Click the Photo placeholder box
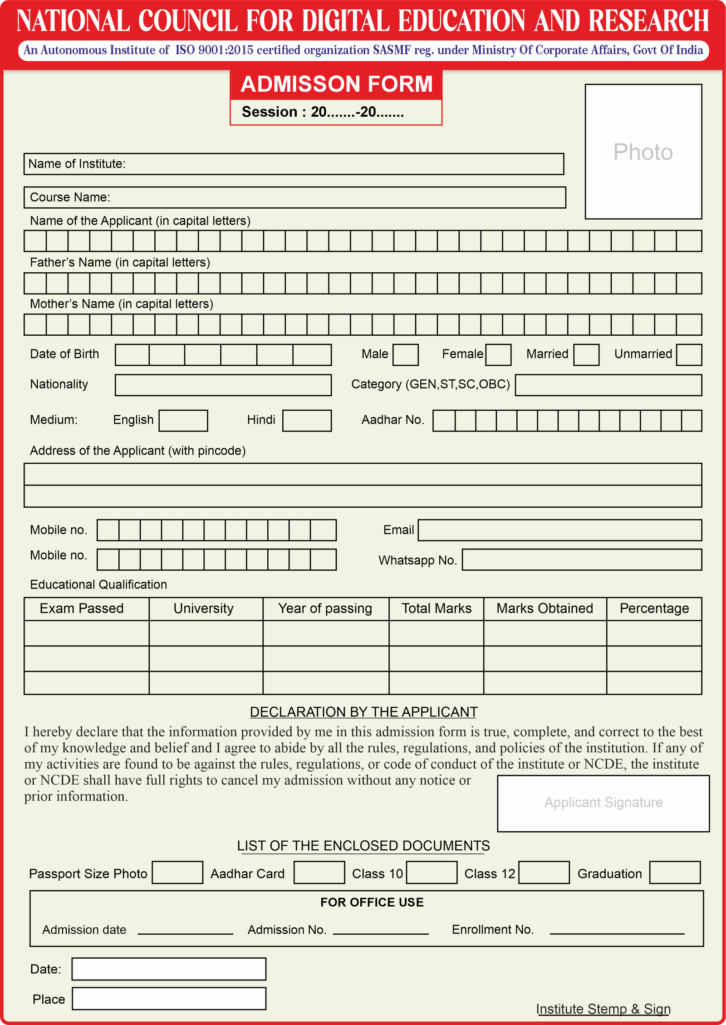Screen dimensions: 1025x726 click(x=643, y=152)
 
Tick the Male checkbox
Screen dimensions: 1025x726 click(x=405, y=355)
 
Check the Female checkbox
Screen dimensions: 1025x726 click(x=498, y=355)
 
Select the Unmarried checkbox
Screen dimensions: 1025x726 click(x=689, y=355)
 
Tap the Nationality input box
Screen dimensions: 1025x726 click(x=223, y=385)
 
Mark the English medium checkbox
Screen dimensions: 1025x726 click(x=183, y=421)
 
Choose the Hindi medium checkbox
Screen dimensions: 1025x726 click(x=307, y=421)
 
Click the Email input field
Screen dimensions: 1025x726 click(x=559, y=530)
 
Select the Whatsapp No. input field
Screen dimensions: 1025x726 click(x=582, y=559)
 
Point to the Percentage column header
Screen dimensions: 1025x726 click(x=654, y=608)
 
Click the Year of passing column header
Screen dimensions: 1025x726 click(x=325, y=608)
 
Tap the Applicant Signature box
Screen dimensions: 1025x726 click(x=603, y=803)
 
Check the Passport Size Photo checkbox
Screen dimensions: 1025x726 click(x=177, y=873)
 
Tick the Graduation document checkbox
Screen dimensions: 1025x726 click(x=675, y=873)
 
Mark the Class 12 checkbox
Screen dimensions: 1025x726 click(x=544, y=873)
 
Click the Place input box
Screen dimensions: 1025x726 click(x=169, y=999)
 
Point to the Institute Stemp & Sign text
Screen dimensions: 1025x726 click(x=603, y=1009)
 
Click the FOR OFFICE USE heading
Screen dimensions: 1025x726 click(x=372, y=902)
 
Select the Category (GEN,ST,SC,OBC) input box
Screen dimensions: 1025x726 click(x=608, y=385)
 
